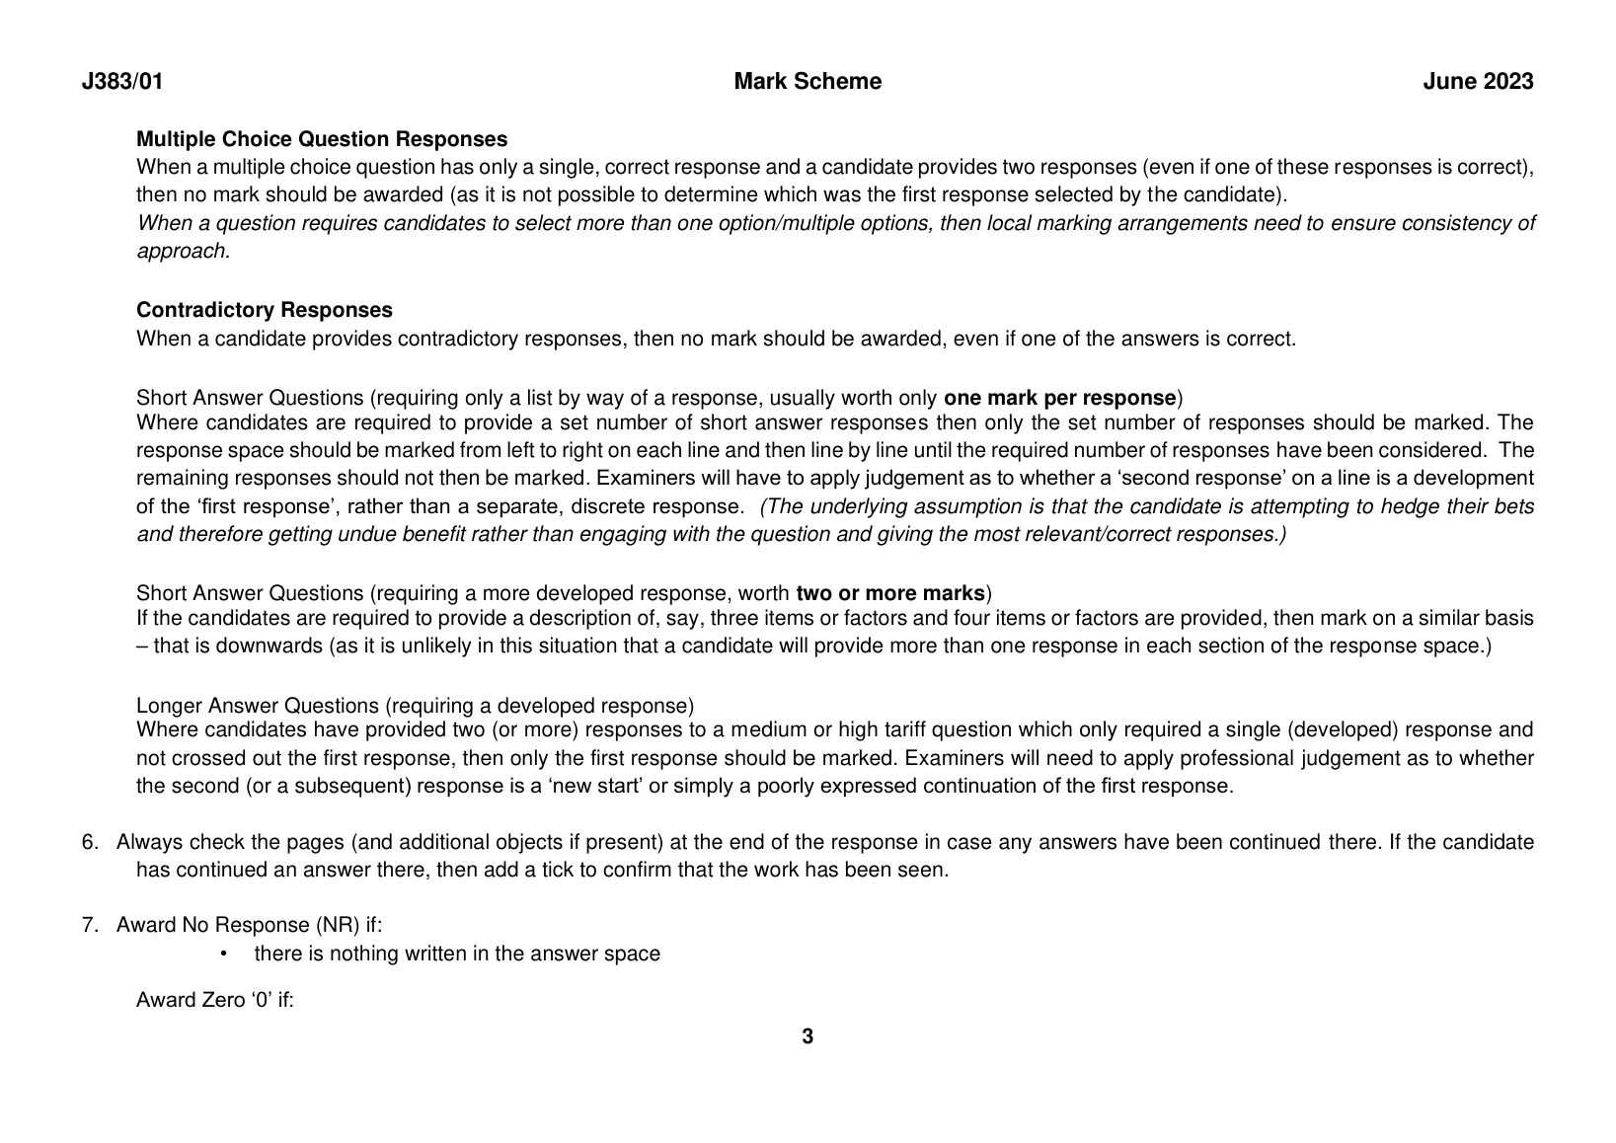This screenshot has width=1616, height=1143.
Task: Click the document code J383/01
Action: click(122, 82)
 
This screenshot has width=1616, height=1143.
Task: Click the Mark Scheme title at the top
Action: click(808, 82)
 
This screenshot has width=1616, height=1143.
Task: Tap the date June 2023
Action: click(1478, 82)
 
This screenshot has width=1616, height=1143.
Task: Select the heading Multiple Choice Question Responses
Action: click(322, 139)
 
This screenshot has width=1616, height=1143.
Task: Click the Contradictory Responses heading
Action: click(264, 310)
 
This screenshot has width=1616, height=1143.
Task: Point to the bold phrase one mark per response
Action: click(1059, 398)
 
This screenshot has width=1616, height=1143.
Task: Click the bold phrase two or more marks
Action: click(890, 593)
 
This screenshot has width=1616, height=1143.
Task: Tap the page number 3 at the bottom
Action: click(808, 1036)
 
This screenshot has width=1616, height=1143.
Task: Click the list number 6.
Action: click(90, 842)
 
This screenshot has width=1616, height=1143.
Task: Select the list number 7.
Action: click(90, 925)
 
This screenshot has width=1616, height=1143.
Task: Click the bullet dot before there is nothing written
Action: click(224, 953)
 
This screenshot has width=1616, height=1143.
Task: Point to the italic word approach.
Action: click(183, 251)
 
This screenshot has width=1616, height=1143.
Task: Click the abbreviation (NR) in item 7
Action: click(338, 925)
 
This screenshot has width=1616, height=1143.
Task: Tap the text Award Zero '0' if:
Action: click(215, 1000)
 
